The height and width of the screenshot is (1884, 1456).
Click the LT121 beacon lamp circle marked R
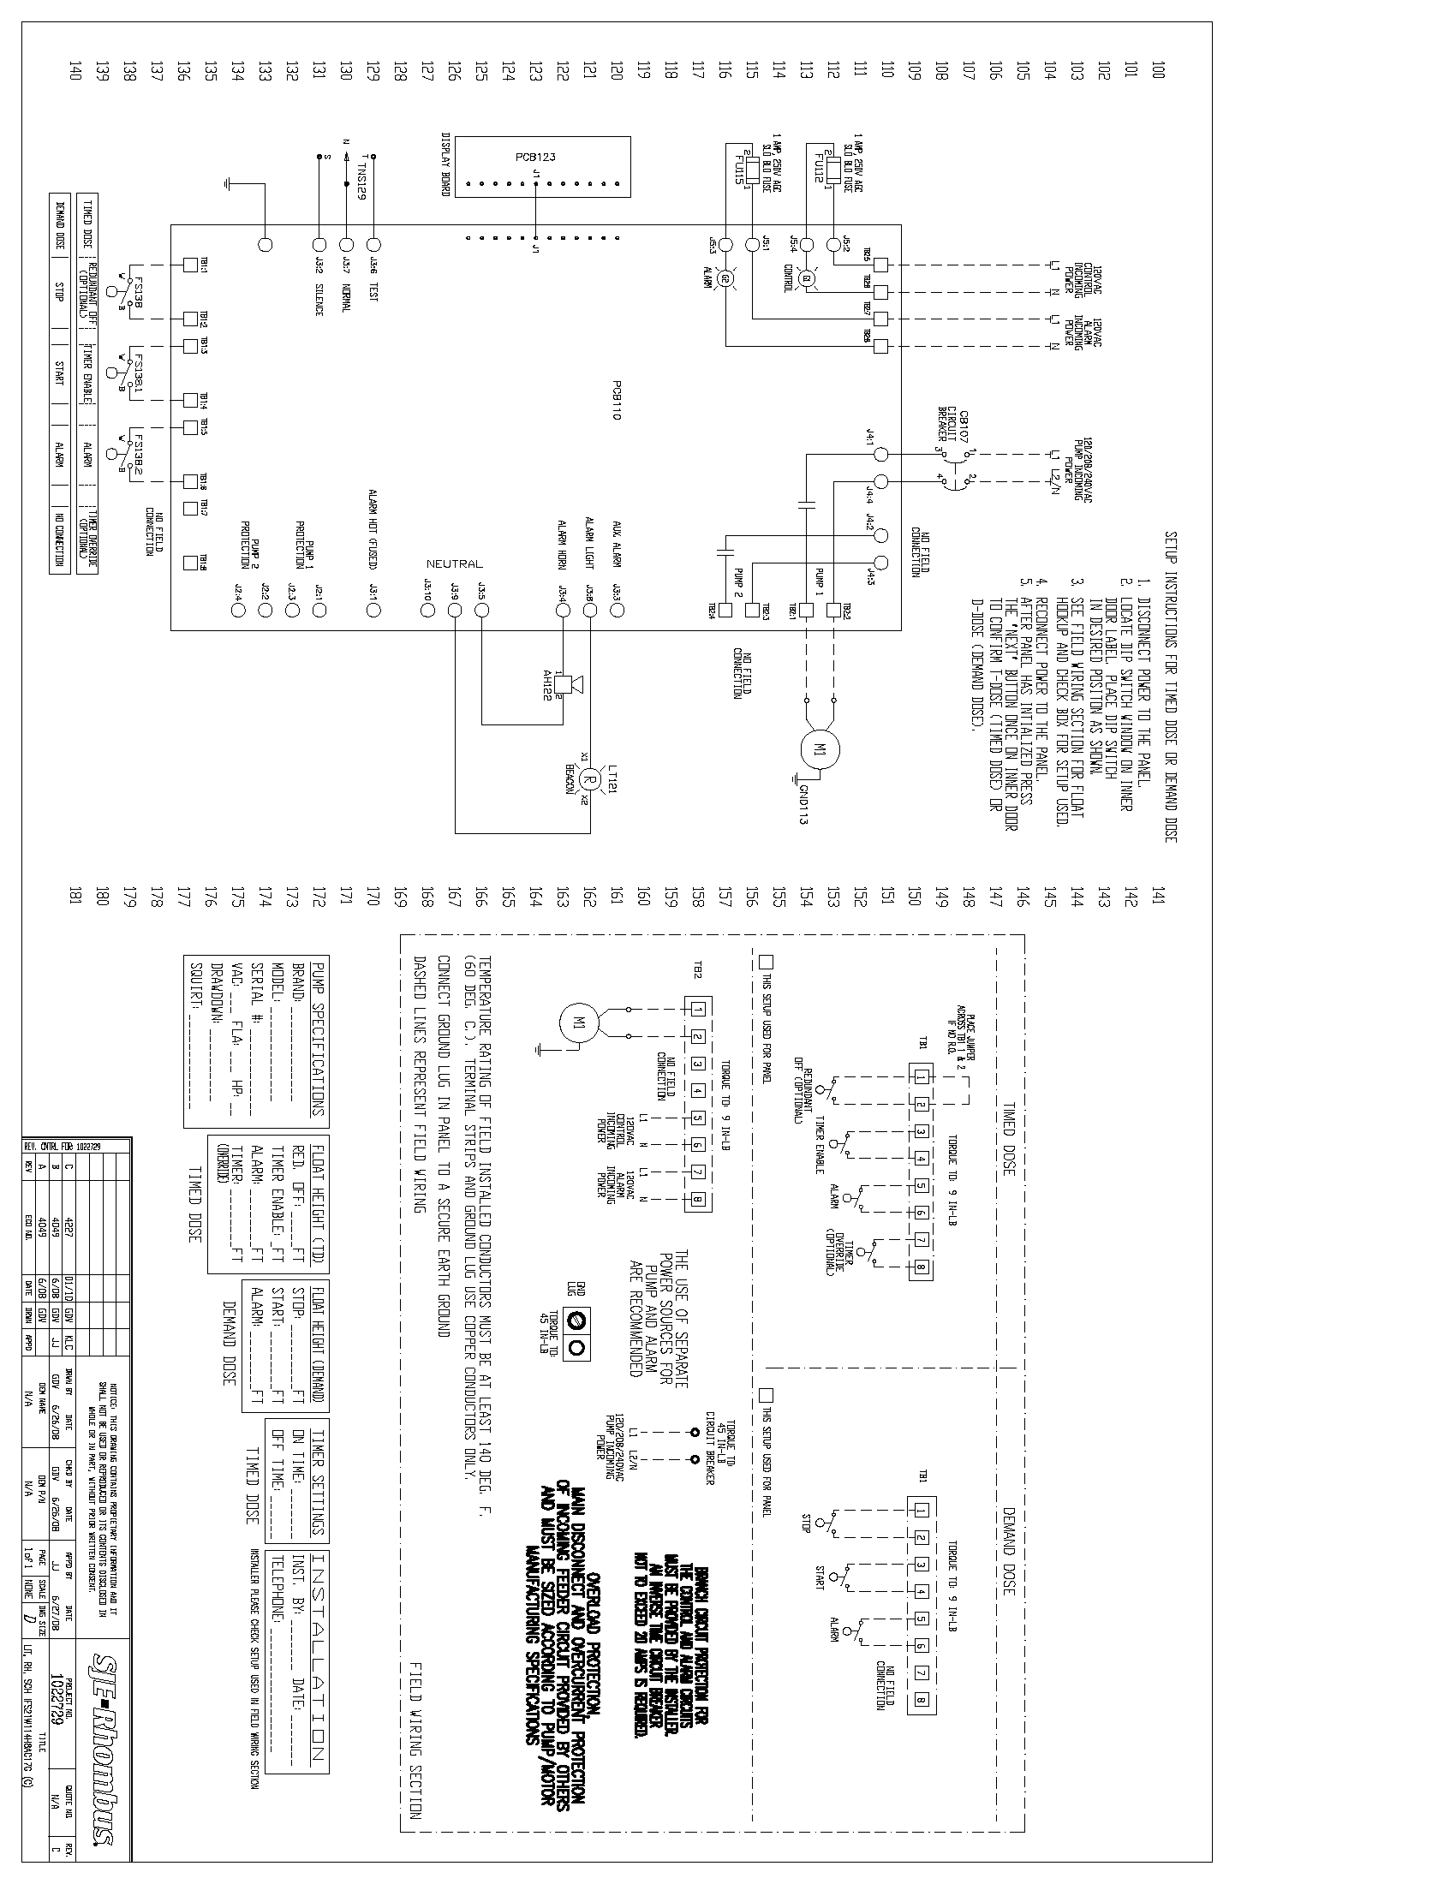tap(590, 779)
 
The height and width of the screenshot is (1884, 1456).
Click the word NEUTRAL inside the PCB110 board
tap(455, 563)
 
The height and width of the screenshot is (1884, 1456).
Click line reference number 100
tap(1158, 69)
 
